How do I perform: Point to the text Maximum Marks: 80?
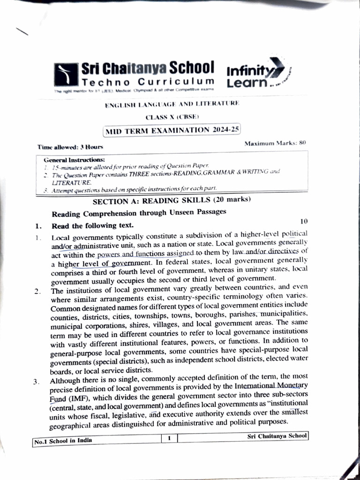[x=275, y=143]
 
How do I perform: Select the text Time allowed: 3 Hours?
[x=70, y=147]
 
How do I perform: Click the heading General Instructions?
[x=74, y=160]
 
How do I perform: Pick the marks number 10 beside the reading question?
[x=304, y=221]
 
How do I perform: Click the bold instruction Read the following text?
[x=92, y=225]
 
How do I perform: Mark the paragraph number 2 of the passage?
[x=37, y=292]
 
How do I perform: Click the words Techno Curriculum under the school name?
[x=148, y=82]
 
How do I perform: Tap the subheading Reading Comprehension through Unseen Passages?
[x=139, y=213]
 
